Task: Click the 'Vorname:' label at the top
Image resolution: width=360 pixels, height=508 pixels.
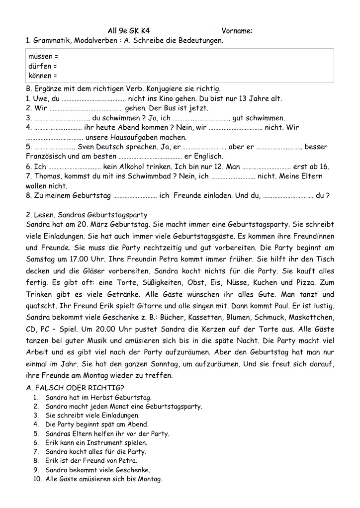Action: [x=237, y=31]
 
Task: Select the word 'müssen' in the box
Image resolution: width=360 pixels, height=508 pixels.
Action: [x=40, y=57]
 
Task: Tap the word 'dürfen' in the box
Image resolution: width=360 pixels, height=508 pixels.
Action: [x=40, y=67]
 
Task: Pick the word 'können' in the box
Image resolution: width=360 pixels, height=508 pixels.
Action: [x=40, y=76]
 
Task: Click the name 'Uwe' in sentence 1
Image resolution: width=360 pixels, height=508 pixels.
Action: [x=41, y=99]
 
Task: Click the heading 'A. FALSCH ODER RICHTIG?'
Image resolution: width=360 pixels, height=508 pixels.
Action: [x=75, y=388]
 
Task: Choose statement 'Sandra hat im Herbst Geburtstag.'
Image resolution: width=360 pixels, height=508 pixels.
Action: [x=98, y=398]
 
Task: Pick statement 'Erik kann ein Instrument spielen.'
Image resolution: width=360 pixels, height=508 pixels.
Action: [x=96, y=443]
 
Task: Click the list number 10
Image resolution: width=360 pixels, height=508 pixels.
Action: [x=37, y=479]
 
